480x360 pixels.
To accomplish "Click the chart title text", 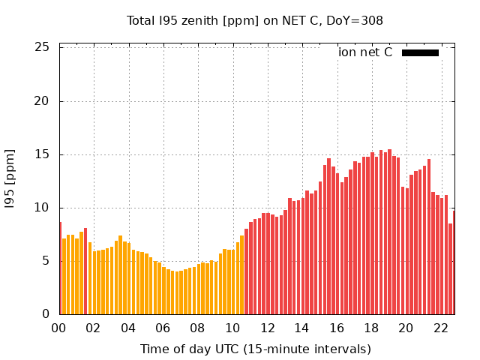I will pyautogui.click(x=254, y=21).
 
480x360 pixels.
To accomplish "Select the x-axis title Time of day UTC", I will pyautogui.click(x=255, y=349).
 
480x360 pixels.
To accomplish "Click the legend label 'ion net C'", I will pyautogui.click(x=365, y=52).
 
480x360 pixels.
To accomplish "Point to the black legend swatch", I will pyautogui.click(x=420, y=52).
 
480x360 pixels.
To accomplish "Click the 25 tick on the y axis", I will pyautogui.click(x=43, y=48).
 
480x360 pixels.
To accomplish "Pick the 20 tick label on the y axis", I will pyautogui.click(x=43, y=101).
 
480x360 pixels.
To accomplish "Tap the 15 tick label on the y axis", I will pyautogui.click(x=43, y=154).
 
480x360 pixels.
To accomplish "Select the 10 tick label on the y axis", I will pyautogui.click(x=43, y=208).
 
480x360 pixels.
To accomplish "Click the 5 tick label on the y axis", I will pyautogui.click(x=46, y=261).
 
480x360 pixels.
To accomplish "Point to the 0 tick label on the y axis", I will pyautogui.click(x=46, y=314).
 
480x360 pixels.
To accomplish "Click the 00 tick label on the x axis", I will pyautogui.click(x=59, y=328).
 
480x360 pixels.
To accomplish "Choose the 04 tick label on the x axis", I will pyautogui.click(x=128, y=328).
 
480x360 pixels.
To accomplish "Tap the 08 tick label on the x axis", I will pyautogui.click(x=197, y=328).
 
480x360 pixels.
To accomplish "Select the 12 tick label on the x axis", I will pyautogui.click(x=267, y=328).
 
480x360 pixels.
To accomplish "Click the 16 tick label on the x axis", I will pyautogui.click(x=336, y=328).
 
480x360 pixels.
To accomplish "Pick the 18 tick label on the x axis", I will pyautogui.click(x=370, y=328).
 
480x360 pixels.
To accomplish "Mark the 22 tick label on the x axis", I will pyautogui.click(x=440, y=328).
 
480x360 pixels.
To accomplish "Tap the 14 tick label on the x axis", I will pyautogui.click(x=301, y=328).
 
